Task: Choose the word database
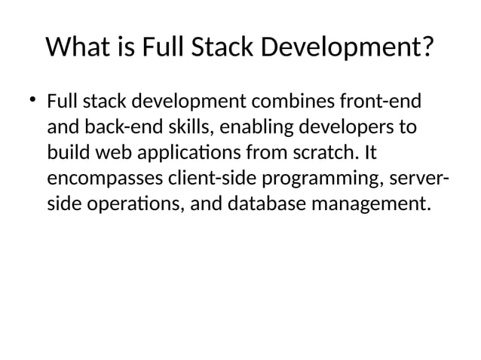pyautogui.click(x=264, y=203)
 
